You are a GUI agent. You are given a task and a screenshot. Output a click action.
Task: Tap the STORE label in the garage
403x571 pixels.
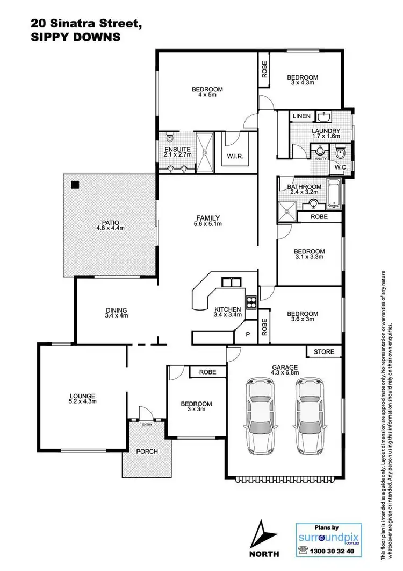pos(324,352)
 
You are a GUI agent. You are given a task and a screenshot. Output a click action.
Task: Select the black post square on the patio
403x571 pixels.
pos(75,185)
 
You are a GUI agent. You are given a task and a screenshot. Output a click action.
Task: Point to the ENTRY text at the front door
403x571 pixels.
pos(147,425)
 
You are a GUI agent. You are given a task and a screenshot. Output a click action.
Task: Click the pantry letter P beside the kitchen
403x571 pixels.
pos(248,334)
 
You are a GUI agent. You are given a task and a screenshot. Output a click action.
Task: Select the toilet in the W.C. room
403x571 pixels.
pos(339,154)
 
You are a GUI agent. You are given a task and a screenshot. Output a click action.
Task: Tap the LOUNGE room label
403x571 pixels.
pos(83,396)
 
